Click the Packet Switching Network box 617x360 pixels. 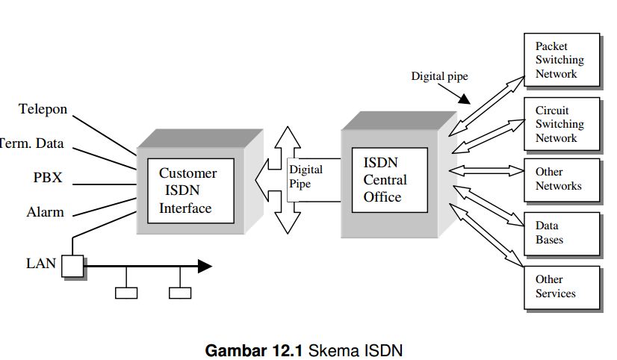(561, 60)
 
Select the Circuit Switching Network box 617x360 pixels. (561, 124)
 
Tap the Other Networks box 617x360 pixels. (561, 179)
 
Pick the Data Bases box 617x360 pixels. (561, 233)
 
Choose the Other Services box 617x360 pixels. (561, 287)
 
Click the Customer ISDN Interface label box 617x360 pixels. (189, 190)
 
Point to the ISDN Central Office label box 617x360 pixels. (389, 180)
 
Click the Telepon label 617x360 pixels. (43, 109)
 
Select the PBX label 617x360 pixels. (49, 178)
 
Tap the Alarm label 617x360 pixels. (46, 212)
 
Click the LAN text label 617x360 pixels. (41, 263)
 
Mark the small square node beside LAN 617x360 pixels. (72, 265)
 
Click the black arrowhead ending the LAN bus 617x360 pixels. (204, 266)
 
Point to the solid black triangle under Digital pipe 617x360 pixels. (464, 98)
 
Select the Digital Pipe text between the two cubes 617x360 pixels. (306, 177)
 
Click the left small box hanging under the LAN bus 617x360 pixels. (126, 293)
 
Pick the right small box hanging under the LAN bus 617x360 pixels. (179, 293)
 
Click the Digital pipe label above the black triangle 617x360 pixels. (439, 76)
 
